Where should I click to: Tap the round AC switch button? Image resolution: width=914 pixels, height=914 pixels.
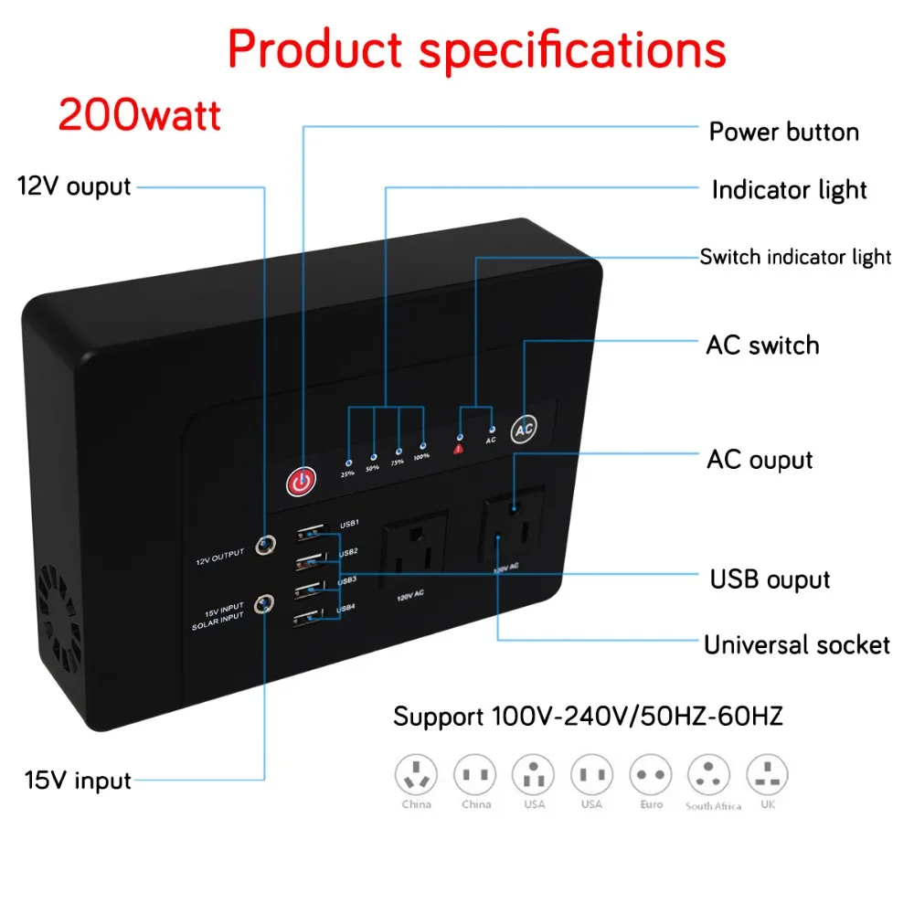525,428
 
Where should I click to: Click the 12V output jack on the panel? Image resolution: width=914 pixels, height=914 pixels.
266,547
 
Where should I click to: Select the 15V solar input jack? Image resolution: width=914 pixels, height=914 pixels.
266,604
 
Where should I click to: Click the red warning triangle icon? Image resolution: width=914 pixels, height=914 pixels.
460,448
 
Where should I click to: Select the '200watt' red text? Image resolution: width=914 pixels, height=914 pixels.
140,116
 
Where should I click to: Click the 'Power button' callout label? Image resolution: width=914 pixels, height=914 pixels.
783,132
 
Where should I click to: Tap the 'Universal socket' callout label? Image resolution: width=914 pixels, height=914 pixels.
796,644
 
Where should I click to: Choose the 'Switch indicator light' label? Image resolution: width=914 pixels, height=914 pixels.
795,257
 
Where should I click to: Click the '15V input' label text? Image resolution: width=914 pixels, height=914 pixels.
78,781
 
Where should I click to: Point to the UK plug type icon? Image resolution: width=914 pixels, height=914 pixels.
767,775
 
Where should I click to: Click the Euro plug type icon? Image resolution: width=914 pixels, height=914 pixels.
651,775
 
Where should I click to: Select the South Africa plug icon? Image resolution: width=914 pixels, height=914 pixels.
709,775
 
